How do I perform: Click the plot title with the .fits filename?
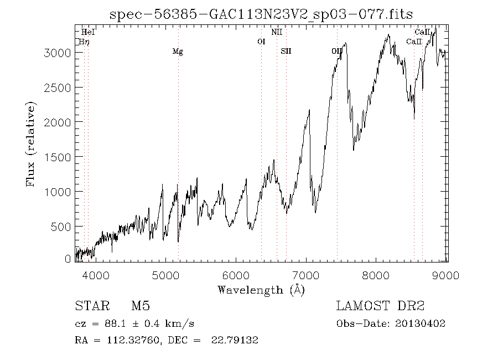pyautogui.click(x=261, y=14)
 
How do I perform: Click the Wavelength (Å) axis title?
pyautogui.click(x=261, y=290)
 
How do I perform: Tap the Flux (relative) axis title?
pyautogui.click(x=31, y=144)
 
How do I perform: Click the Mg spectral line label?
pyautogui.click(x=178, y=52)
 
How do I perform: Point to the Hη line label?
pyautogui.click(x=84, y=42)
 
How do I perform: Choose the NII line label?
pyautogui.click(x=277, y=33)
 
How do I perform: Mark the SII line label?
pyautogui.click(x=286, y=52)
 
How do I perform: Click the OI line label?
pyautogui.click(x=262, y=42)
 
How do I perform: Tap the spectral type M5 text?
pyautogui.click(x=141, y=306)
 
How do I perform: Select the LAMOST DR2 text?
pyautogui.click(x=380, y=306)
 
